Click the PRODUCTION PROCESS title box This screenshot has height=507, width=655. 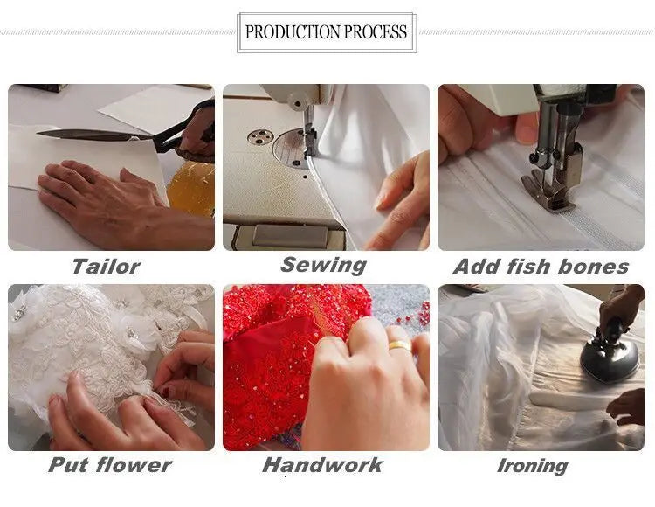tap(326, 33)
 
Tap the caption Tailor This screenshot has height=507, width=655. tap(106, 267)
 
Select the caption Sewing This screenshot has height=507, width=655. tap(323, 265)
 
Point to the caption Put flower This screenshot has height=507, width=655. tap(110, 465)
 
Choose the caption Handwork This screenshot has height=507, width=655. tap(322, 465)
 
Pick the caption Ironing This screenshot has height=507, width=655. tap(532, 466)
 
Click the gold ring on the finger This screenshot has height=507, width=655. tap(400, 345)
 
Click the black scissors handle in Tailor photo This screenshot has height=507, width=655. tap(196, 127)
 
